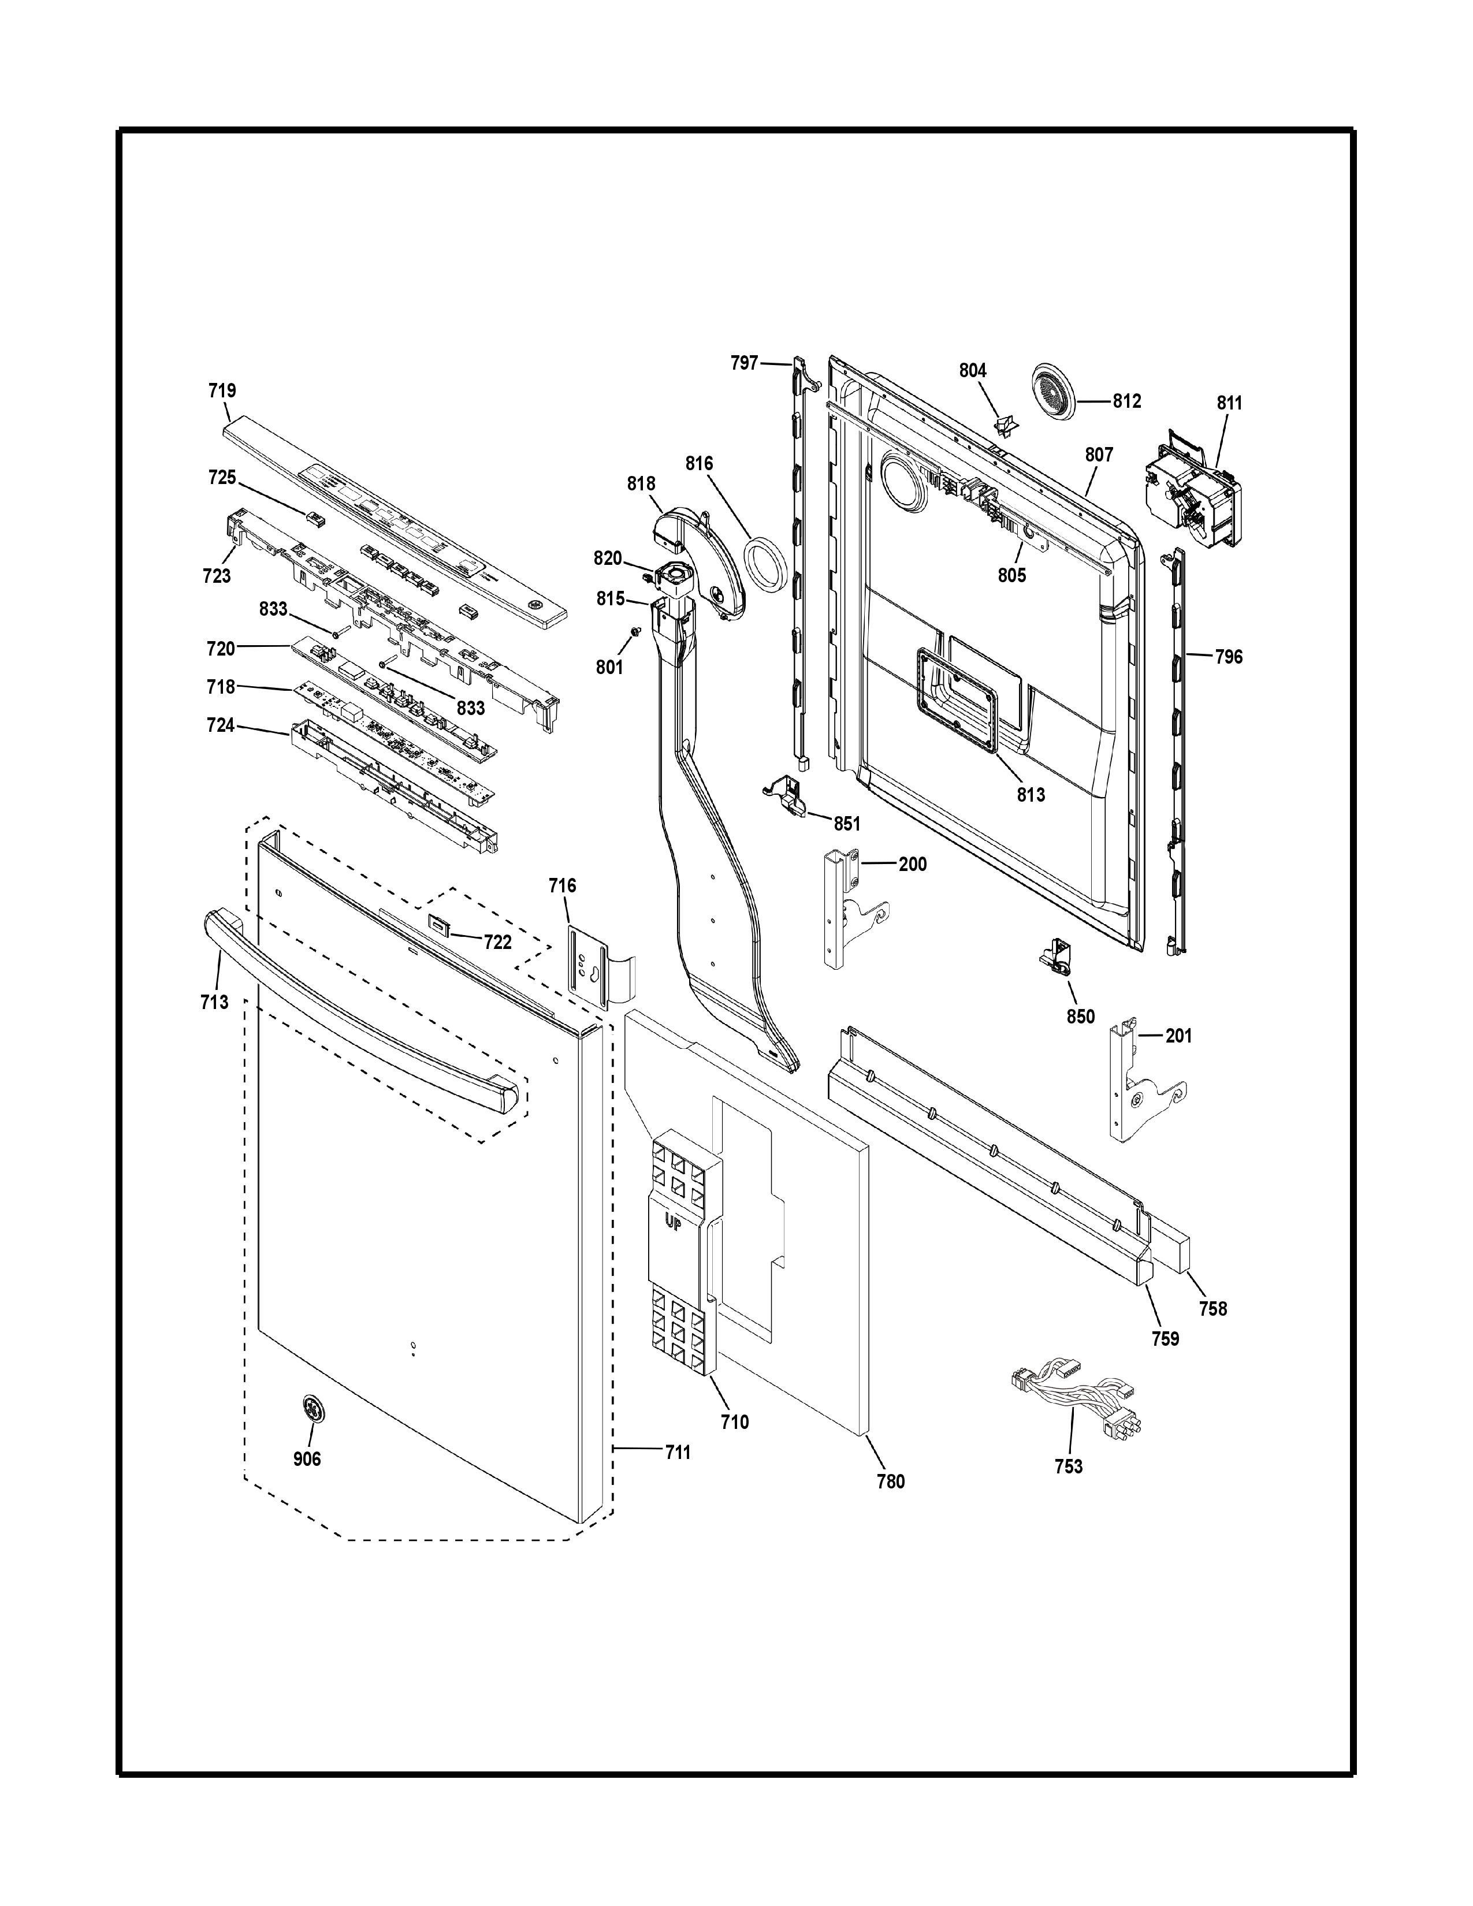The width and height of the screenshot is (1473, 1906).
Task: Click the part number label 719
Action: [x=222, y=391]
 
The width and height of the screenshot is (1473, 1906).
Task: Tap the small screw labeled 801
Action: [x=635, y=632]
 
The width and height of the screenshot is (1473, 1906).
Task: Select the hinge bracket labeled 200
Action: [x=851, y=907]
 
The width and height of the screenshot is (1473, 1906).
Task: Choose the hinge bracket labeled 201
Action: [x=1139, y=1082]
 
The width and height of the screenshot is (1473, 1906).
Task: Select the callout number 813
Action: [x=1031, y=795]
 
